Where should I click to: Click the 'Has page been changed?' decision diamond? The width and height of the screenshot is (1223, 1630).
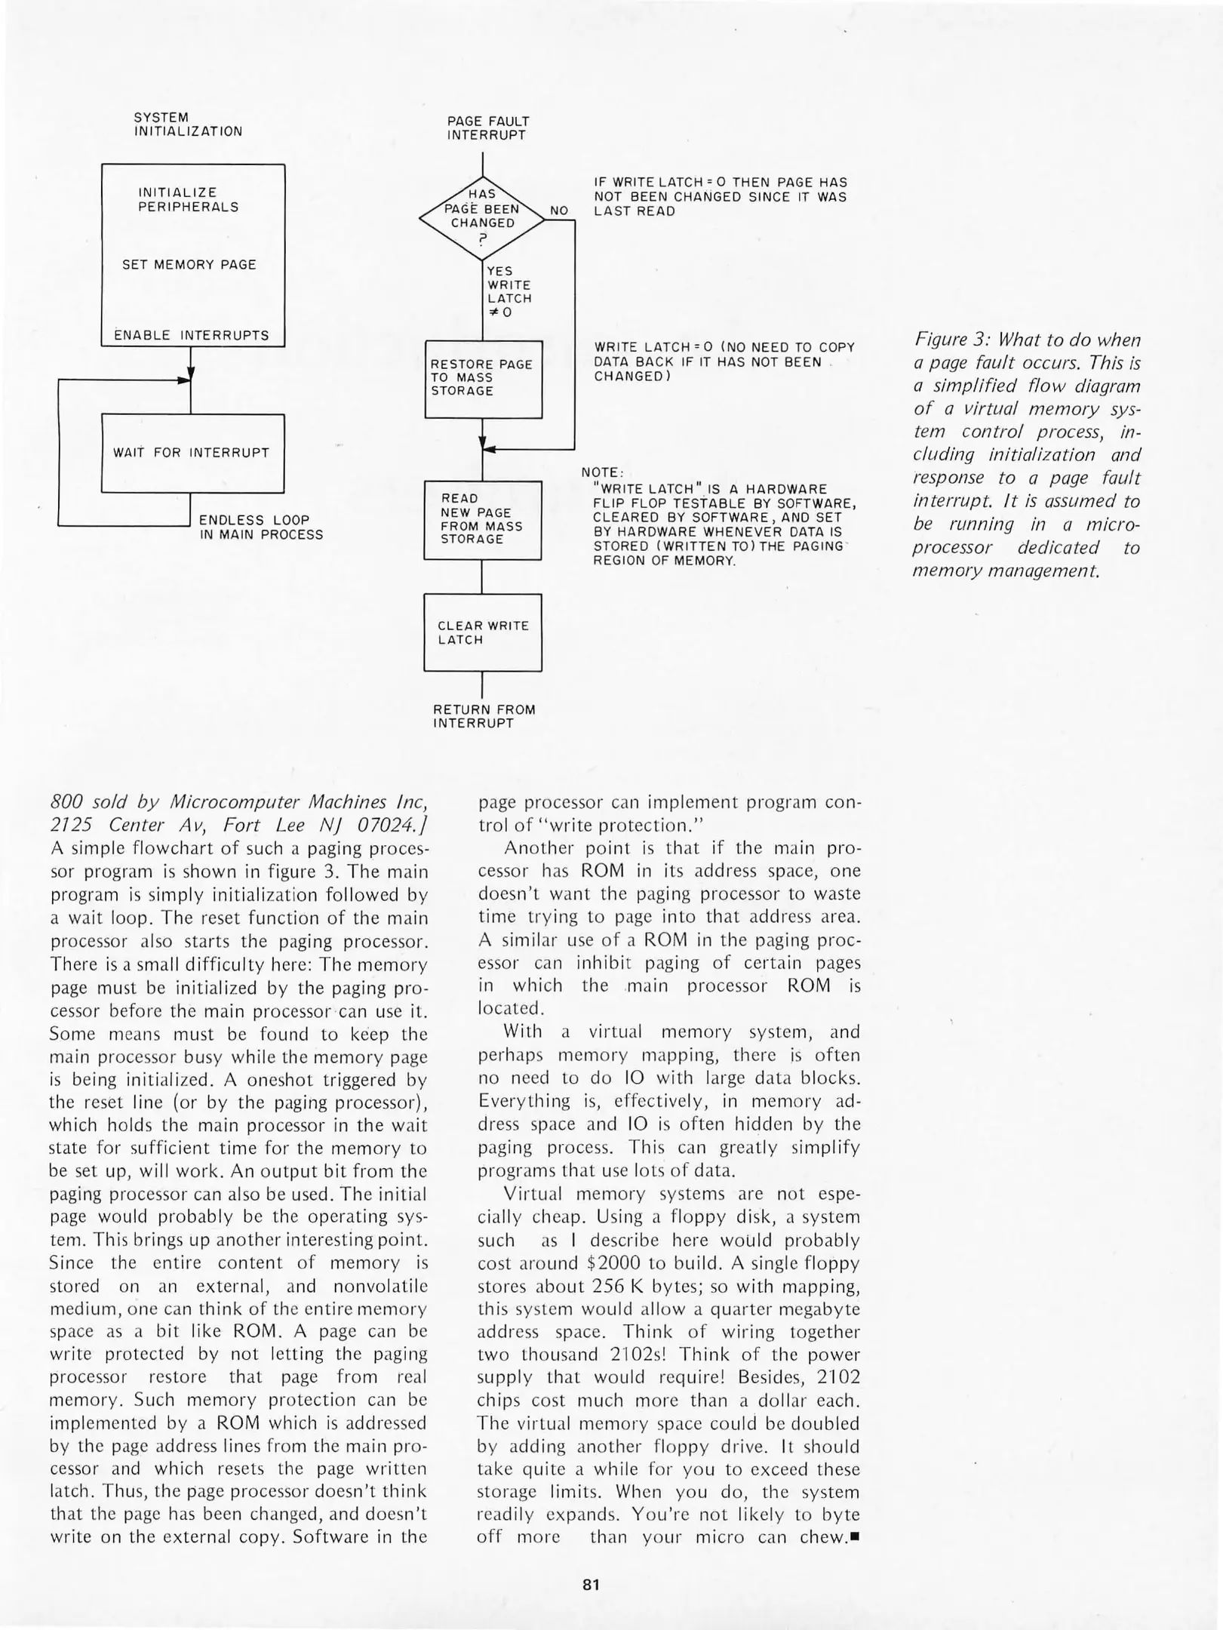tap(482, 217)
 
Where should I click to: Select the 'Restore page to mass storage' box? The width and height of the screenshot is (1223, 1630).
tap(483, 379)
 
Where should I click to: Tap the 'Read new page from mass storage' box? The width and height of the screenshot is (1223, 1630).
tap(482, 519)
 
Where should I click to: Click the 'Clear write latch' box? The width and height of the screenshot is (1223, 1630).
tap(483, 632)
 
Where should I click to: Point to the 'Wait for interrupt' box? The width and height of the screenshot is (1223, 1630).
tap(192, 453)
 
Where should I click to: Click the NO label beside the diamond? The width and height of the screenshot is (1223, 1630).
tap(559, 211)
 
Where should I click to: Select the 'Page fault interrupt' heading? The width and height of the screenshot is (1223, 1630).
tap(487, 128)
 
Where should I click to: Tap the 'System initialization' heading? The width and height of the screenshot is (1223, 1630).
tap(188, 125)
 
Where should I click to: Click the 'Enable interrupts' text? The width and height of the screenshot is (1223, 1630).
tap(191, 335)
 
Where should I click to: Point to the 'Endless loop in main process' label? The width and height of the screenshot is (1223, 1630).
tap(260, 527)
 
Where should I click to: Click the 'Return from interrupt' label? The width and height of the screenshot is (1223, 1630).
tap(484, 716)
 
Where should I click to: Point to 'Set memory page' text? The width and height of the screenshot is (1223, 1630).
tap(189, 265)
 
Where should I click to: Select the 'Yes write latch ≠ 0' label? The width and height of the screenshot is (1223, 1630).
tap(509, 291)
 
